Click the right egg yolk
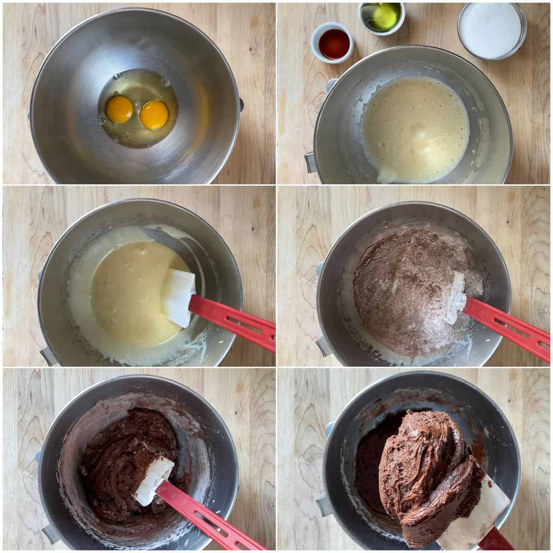pyautogui.click(x=154, y=115)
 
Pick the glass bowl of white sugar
pyautogui.click(x=492, y=29)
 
